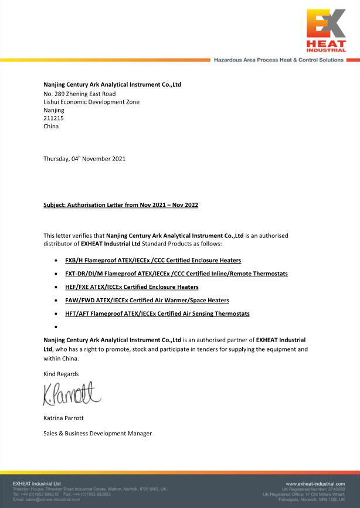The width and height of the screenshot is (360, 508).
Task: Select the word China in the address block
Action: [x=51, y=126]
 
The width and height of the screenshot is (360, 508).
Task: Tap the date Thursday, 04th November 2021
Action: [x=84, y=159]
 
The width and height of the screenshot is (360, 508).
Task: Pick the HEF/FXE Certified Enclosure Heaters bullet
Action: [x=131, y=287]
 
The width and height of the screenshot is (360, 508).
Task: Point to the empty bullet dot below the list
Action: [x=55, y=326]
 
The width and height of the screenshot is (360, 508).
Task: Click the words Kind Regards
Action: [x=61, y=374]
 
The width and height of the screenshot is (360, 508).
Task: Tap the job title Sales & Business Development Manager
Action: [x=97, y=434]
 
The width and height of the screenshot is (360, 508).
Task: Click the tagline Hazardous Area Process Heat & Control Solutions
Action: [x=279, y=60]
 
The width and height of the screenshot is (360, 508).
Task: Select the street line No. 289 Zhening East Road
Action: [x=80, y=94]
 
